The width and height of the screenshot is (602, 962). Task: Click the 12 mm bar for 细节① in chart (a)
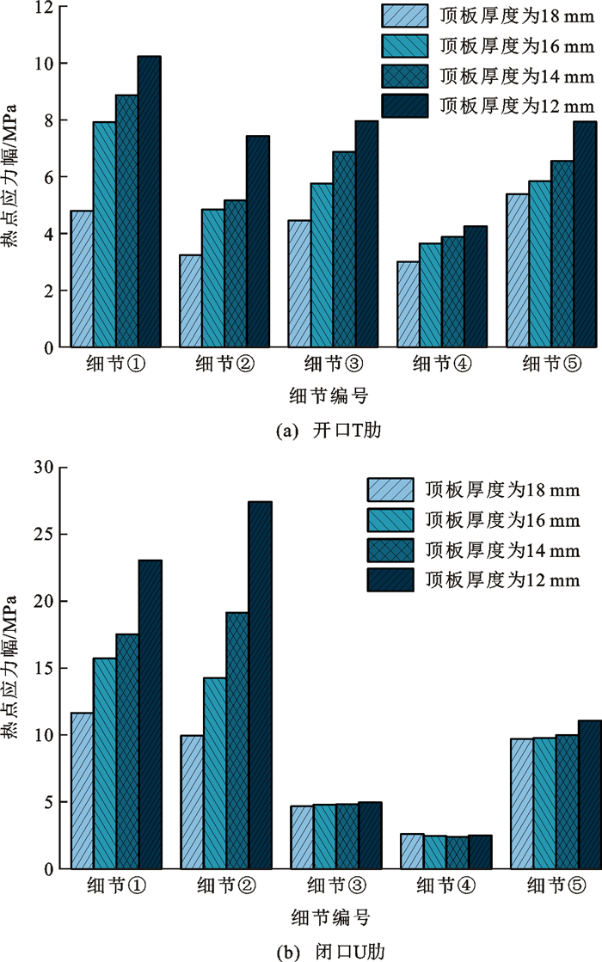[x=149, y=202]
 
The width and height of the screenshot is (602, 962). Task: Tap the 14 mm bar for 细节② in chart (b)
[x=237, y=740]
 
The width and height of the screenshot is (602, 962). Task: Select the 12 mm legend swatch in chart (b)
[x=390, y=580]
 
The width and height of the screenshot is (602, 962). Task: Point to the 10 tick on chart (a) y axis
[x=45, y=64]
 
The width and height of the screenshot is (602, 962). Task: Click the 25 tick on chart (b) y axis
[x=42, y=534]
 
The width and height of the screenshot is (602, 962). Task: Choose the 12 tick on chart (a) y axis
[x=45, y=8]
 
